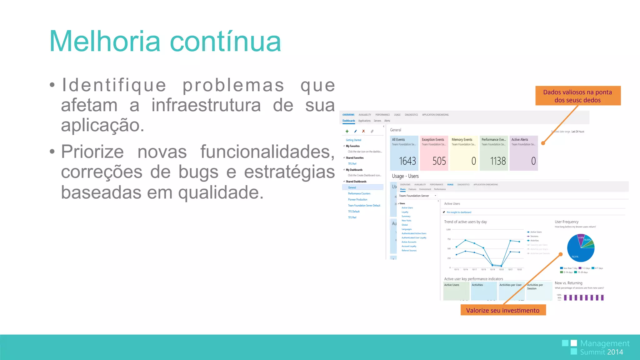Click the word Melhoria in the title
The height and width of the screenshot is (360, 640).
[105, 42]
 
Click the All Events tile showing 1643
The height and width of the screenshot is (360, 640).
[404, 153]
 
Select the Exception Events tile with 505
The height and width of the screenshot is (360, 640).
[434, 153]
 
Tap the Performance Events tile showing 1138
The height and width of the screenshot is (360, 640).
[494, 153]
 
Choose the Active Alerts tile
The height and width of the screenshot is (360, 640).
[523, 153]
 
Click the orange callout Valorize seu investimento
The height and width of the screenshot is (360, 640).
[503, 310]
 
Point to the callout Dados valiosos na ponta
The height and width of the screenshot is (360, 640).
[577, 96]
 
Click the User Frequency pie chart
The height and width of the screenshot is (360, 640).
[581, 248]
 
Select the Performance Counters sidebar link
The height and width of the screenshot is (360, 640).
[359, 194]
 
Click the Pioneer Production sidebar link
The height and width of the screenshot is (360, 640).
[357, 200]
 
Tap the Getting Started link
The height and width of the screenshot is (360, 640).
[353, 140]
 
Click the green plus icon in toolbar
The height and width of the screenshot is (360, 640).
[347, 131]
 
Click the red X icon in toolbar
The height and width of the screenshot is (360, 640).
[363, 131]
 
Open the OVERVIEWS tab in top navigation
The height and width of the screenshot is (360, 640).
[348, 115]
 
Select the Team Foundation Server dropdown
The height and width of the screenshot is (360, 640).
[417, 196]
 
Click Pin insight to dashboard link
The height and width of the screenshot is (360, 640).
[459, 212]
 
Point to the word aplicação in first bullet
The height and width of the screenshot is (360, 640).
[102, 125]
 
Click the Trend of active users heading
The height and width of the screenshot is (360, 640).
[465, 222]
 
